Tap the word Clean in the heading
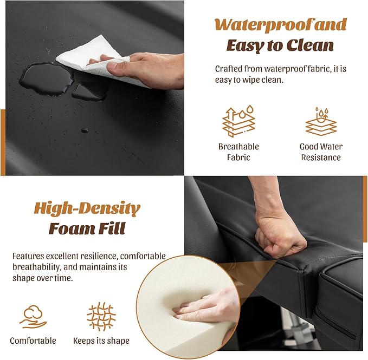click(x=310, y=45)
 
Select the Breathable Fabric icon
click(x=238, y=121)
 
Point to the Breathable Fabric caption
click(x=238, y=152)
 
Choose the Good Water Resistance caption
click(x=321, y=152)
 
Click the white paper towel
click(x=94, y=58)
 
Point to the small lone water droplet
click(x=85, y=130)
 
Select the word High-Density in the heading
click(x=87, y=208)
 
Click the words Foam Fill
click(x=87, y=228)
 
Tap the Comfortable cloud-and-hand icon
click(x=33, y=317)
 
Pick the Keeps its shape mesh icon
click(x=101, y=316)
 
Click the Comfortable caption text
click(x=33, y=341)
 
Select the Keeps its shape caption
click(x=101, y=341)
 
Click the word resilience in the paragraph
click(x=99, y=256)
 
